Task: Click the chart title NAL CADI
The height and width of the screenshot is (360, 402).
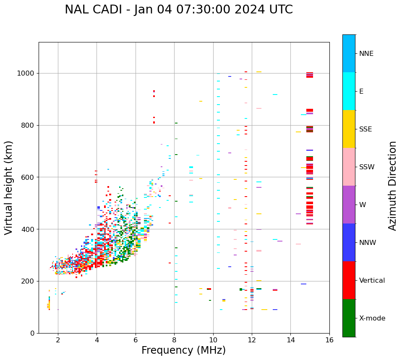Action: [x=179, y=10]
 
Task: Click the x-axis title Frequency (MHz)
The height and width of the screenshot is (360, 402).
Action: [x=183, y=350]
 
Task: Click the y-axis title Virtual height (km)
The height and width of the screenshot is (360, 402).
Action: [x=9, y=187]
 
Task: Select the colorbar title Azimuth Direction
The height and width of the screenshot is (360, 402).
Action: [x=392, y=186]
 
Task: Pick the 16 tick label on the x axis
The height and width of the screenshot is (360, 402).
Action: [x=329, y=340]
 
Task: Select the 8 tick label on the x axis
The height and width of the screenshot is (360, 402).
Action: [x=174, y=340]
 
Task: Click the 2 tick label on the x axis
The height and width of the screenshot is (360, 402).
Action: [x=58, y=340]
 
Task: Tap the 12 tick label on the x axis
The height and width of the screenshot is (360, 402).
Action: [x=252, y=340]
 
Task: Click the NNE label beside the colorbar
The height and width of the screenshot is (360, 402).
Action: [x=366, y=54]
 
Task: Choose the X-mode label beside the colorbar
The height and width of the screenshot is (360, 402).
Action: [x=372, y=318]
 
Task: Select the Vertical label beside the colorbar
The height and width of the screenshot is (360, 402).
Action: [x=372, y=281]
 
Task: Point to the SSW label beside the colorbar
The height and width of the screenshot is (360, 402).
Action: [x=367, y=167]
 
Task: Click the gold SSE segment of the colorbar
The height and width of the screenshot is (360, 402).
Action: [x=349, y=129]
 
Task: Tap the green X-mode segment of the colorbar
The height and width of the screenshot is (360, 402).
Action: [x=349, y=318]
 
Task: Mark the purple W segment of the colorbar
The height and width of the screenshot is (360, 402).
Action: [x=349, y=205]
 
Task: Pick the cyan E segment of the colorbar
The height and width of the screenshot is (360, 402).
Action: [x=349, y=91]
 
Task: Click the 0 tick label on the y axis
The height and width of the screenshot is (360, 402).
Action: [x=33, y=333]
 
